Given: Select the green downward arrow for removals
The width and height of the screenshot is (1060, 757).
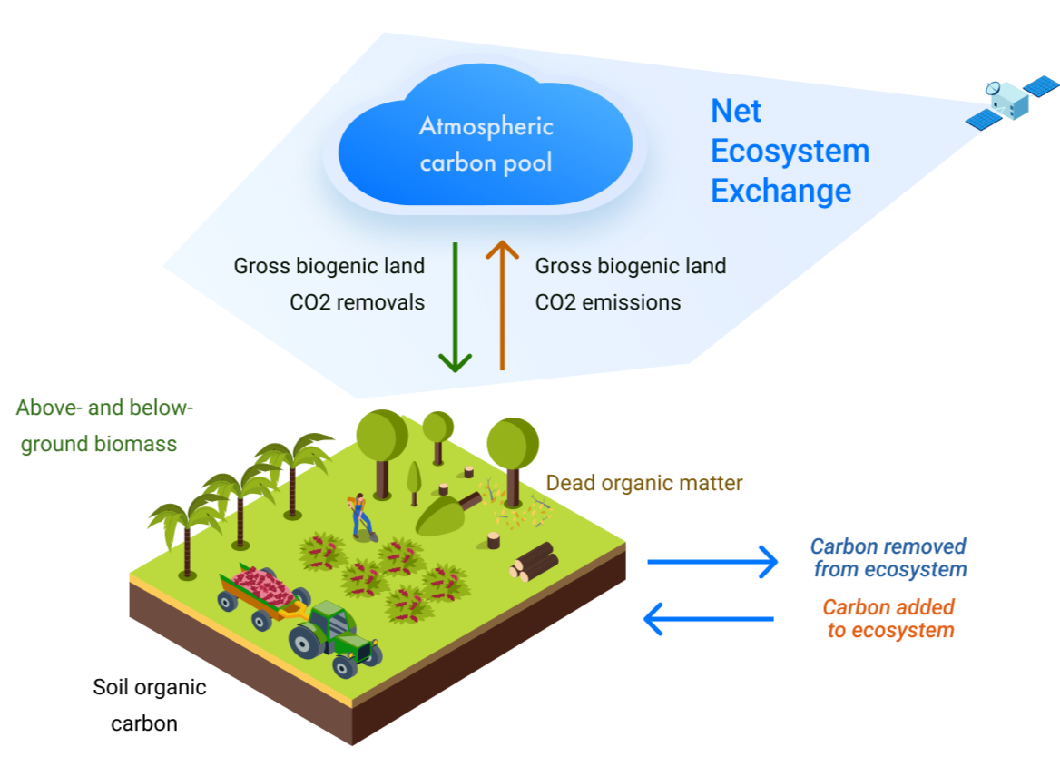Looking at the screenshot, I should point(455,308).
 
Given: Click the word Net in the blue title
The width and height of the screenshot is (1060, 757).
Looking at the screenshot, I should point(736,112).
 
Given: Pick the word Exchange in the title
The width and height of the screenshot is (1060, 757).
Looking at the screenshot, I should point(780,191).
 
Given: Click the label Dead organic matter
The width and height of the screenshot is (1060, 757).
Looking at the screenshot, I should point(643,484).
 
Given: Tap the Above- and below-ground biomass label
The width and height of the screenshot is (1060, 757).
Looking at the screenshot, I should point(105,427).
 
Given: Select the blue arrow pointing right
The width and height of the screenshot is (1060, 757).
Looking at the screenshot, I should point(712,563).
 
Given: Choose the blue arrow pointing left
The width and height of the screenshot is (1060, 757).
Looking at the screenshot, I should point(708,620).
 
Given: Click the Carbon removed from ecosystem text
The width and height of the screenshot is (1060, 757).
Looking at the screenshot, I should point(888,558).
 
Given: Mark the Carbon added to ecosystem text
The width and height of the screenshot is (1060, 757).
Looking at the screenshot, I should point(889,619).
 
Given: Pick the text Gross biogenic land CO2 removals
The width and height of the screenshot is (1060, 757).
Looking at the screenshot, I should point(329,284).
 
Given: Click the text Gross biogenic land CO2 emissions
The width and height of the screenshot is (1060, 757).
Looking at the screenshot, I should point(631,284).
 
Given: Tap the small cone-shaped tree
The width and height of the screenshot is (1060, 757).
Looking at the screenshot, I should point(415,481).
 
